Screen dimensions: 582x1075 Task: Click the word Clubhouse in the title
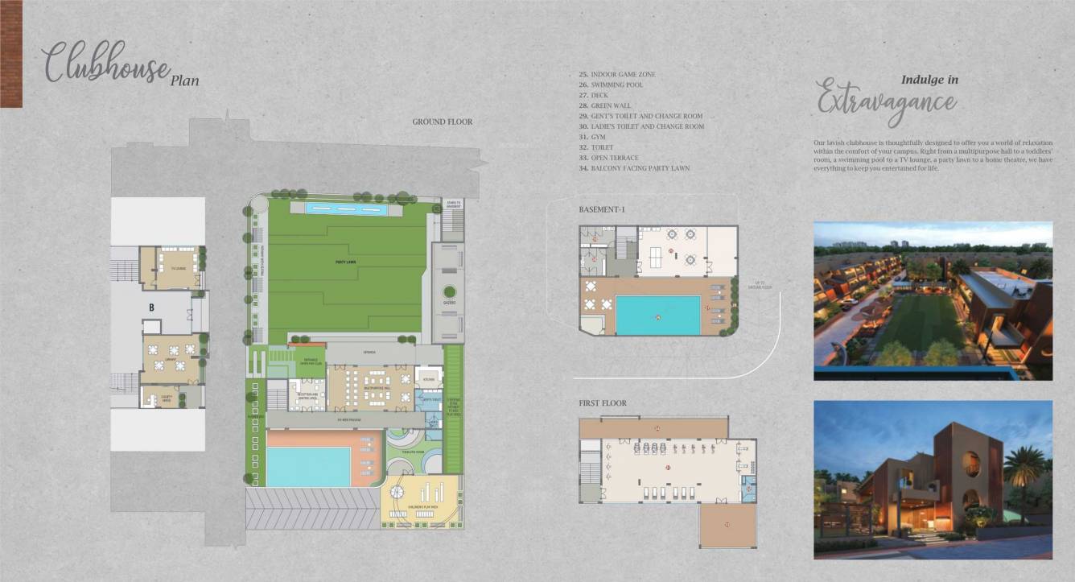[105, 63]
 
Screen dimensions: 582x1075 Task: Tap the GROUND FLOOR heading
[443, 122]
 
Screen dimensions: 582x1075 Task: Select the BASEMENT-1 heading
[602, 209]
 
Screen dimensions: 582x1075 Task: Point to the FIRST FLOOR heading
[603, 402]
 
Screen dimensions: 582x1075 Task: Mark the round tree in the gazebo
[449, 291]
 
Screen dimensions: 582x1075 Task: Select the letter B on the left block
[150, 307]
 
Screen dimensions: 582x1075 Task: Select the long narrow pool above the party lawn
[347, 209]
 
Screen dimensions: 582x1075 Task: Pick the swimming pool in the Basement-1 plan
[658, 315]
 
